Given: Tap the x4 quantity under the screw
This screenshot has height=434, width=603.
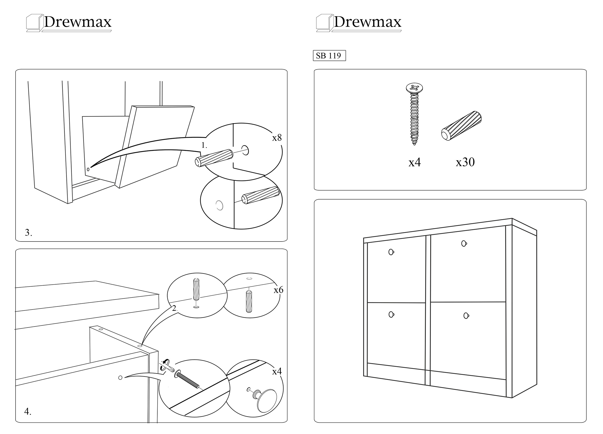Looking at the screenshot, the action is pos(415,162).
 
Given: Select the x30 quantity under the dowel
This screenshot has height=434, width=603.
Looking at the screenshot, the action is pos(465,162).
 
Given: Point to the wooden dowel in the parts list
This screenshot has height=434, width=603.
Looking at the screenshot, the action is pos(462,126).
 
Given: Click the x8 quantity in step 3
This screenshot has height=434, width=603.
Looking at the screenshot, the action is pos(277,137).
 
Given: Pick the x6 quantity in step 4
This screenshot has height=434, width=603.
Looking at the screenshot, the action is pos(278,290).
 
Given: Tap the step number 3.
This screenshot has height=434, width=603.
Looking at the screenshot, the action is pos(28,232).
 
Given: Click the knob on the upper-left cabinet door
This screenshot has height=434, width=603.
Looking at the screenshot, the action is pos(391,252).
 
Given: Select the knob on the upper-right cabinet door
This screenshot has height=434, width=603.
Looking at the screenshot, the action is pos(464,243).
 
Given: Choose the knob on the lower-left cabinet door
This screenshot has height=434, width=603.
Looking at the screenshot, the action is pos(391,314).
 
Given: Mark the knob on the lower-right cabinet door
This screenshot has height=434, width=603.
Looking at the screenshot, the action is pos(466,316).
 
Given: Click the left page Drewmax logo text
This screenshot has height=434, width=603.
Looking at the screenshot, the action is pos(78,22).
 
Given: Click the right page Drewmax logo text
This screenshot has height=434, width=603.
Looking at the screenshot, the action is pos(368,22).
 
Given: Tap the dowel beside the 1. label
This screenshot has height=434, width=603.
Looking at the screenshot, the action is pos(214,158).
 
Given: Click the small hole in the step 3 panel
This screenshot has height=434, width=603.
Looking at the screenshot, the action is pos(88,169).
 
